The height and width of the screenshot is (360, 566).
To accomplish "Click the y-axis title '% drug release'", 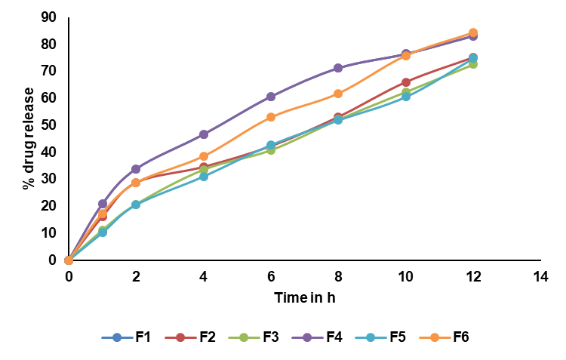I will click(x=29, y=138).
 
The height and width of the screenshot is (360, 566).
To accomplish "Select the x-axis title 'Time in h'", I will click(x=304, y=297).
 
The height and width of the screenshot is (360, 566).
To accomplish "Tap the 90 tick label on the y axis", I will click(x=49, y=17).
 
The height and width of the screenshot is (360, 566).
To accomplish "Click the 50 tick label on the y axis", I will click(x=49, y=125).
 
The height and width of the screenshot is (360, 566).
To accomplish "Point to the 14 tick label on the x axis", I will click(x=540, y=276).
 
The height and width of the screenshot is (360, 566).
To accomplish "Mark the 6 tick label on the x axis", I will click(x=271, y=276).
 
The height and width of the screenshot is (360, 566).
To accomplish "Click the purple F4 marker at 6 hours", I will click(x=271, y=97).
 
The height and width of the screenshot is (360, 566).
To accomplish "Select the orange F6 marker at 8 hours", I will click(x=338, y=94).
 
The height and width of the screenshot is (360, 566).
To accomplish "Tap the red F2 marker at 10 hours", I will click(x=405, y=82).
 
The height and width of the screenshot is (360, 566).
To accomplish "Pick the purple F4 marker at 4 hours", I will click(x=204, y=134).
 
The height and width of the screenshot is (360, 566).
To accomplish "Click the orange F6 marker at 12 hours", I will click(x=473, y=33).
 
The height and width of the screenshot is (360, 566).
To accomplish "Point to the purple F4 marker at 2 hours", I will click(x=136, y=169).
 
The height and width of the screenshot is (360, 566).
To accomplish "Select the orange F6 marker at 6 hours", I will click(x=271, y=117).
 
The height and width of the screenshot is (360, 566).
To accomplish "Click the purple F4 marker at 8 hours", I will click(x=338, y=68).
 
